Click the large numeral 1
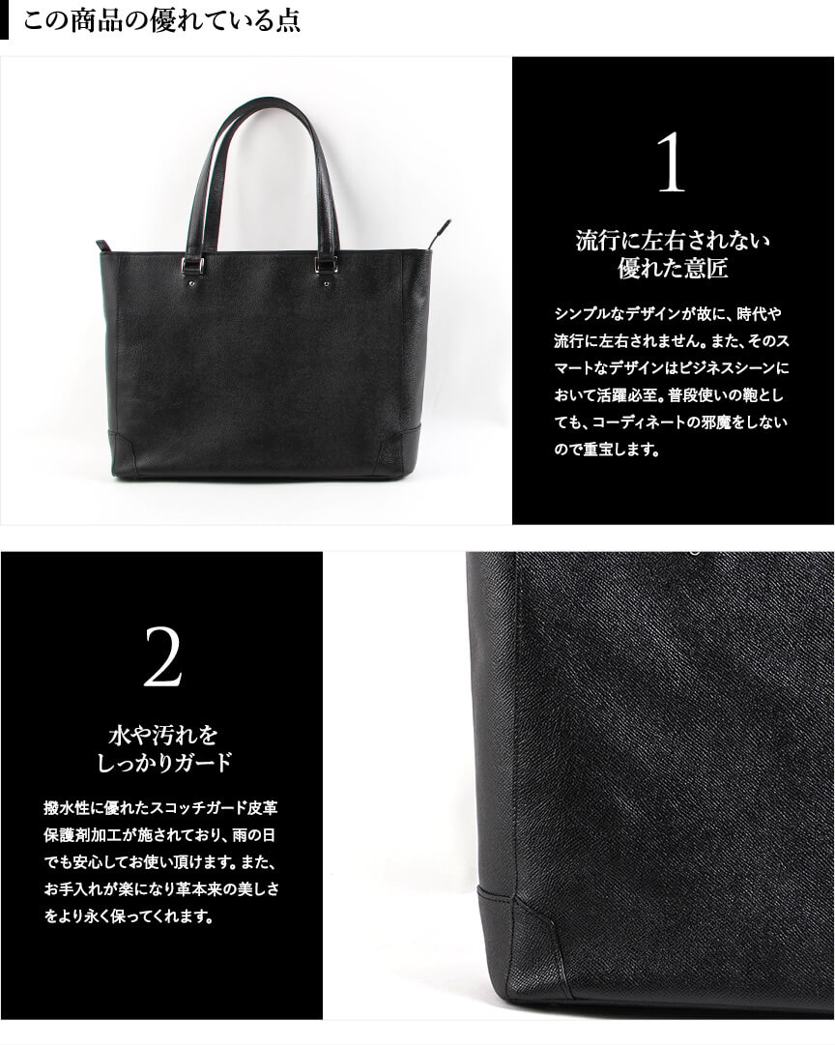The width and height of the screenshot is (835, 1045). coord(672,162)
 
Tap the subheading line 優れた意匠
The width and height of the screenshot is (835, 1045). coord(672,269)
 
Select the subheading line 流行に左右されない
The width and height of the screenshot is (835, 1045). coord(672,241)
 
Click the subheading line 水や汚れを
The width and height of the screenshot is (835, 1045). coord(162,735)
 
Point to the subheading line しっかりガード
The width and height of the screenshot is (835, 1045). coord(162,763)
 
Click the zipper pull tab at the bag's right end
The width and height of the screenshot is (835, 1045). coord(441,231)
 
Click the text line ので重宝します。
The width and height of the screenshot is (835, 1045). coord(607,449)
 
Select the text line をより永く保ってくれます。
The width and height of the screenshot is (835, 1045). coord(130,916)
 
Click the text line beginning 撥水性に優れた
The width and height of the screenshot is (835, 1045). coord(160,808)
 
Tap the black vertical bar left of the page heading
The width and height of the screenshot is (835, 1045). coord(4,20)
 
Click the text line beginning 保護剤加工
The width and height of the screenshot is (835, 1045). coord(159,835)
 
